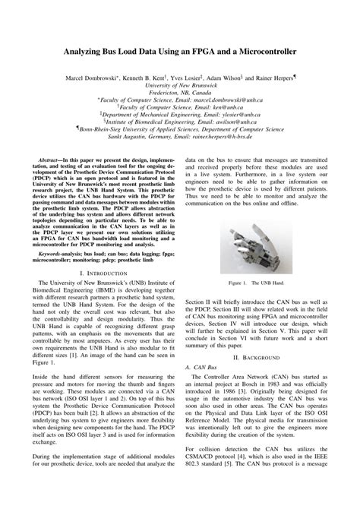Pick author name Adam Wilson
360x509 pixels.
[x=241, y=77]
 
